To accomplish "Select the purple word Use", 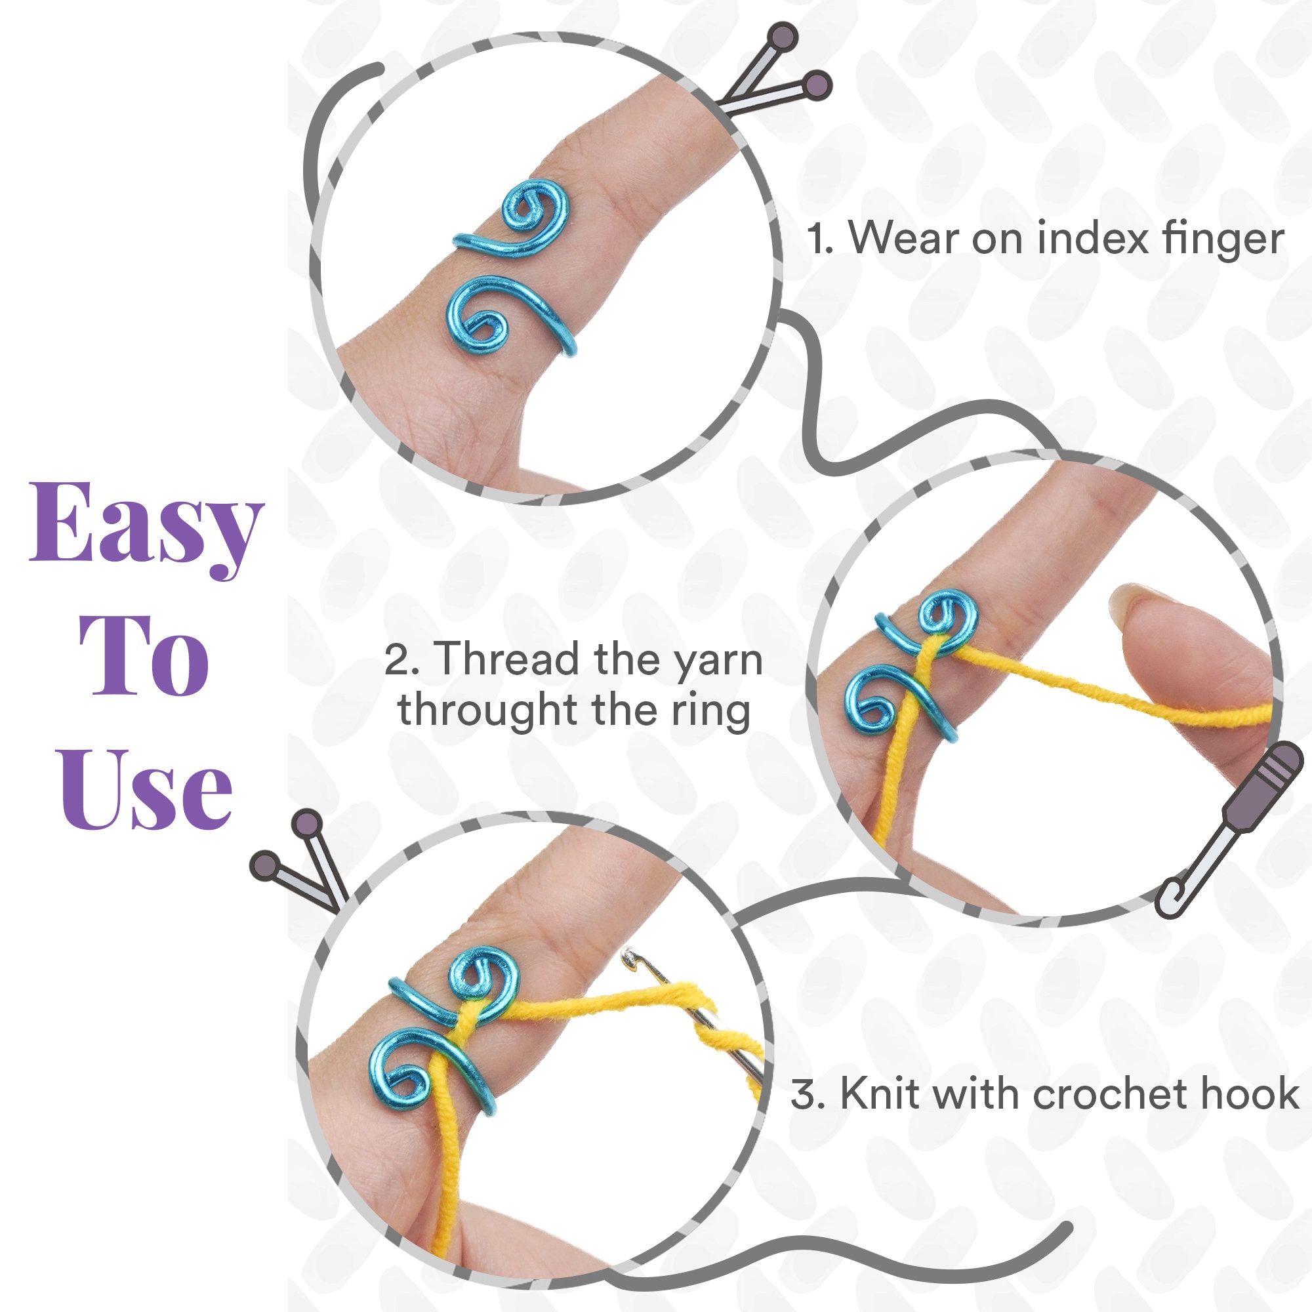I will click(x=146, y=790).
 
